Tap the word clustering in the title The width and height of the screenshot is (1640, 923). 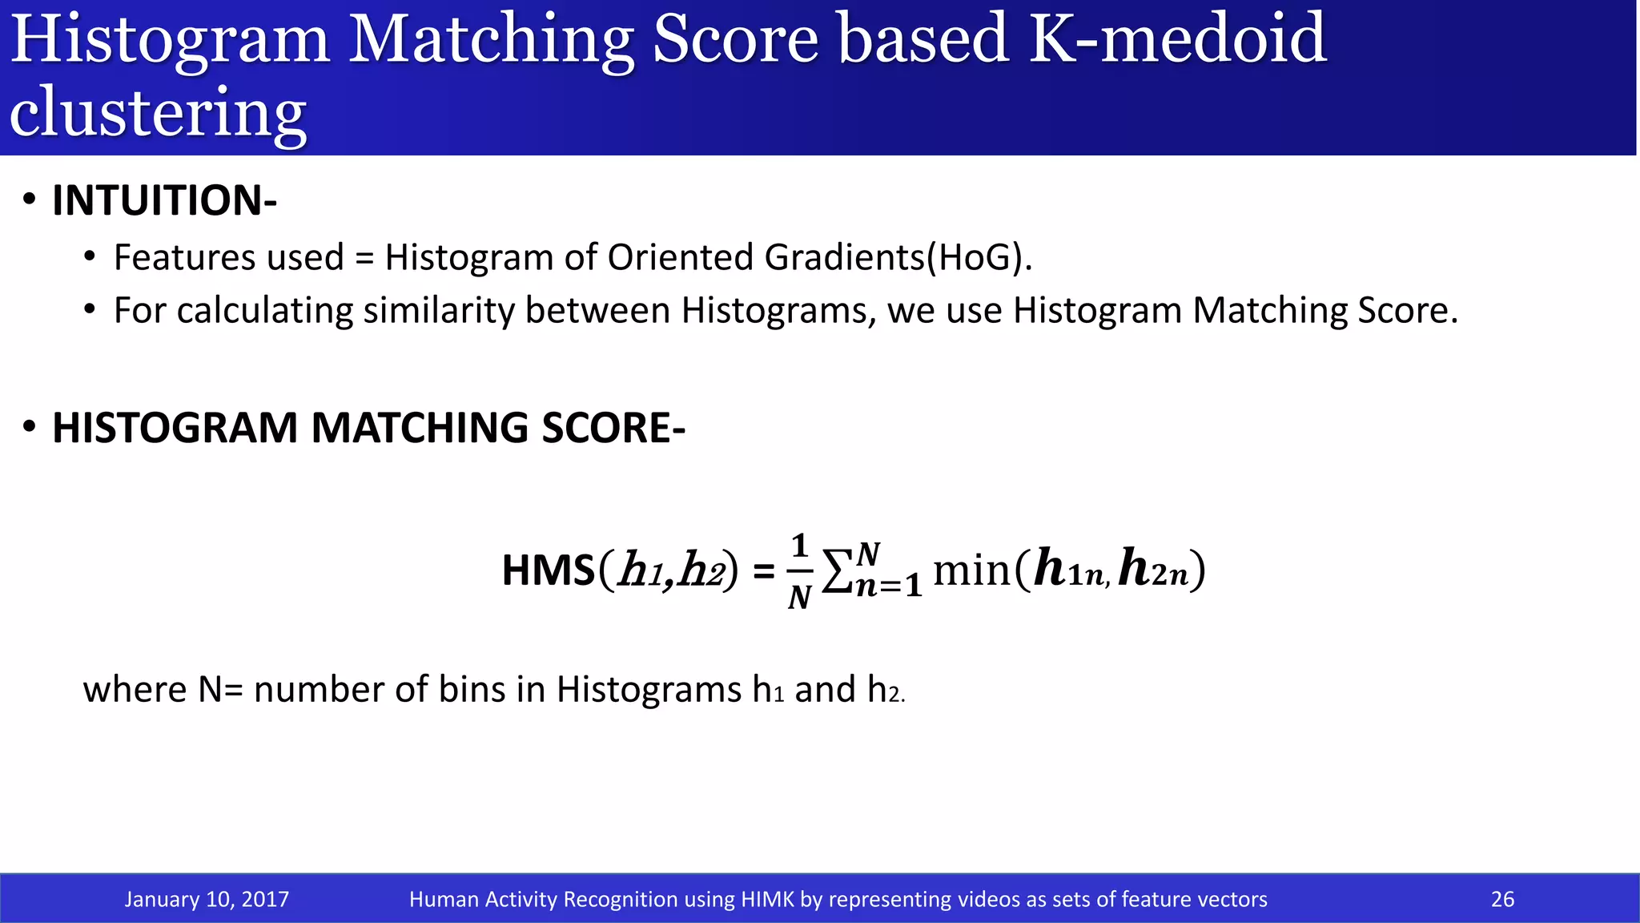tap(158, 112)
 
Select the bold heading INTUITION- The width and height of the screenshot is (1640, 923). tap(164, 200)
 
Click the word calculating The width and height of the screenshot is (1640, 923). tap(264, 311)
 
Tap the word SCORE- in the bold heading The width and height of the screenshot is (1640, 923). tap(613, 427)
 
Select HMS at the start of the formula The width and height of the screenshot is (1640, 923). tap(549, 571)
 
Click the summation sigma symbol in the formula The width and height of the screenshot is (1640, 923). tap(838, 571)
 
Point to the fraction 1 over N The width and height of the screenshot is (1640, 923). tap(799, 571)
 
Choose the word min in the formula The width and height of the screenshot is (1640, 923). tap(971, 571)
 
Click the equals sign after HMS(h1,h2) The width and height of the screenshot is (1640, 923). tap(764, 572)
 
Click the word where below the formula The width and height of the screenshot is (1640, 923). tap(135, 689)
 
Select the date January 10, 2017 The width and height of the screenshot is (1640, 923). tap(207, 899)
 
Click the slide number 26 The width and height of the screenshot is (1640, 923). tap(1502, 899)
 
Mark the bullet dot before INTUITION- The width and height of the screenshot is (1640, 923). tap(30, 200)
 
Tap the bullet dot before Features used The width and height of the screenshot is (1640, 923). tap(90, 258)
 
